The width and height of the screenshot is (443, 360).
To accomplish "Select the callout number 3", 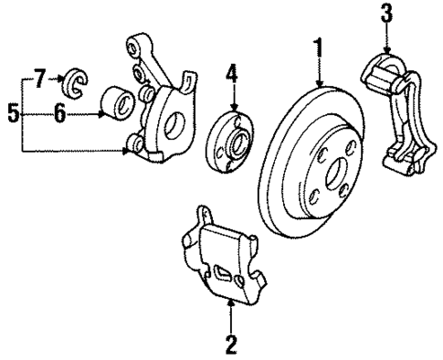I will point(386,14).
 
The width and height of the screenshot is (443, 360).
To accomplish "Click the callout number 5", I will point(12,114).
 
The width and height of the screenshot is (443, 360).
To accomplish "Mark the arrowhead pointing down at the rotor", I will point(319,85).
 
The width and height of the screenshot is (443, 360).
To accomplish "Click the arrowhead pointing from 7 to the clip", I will point(59,80).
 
